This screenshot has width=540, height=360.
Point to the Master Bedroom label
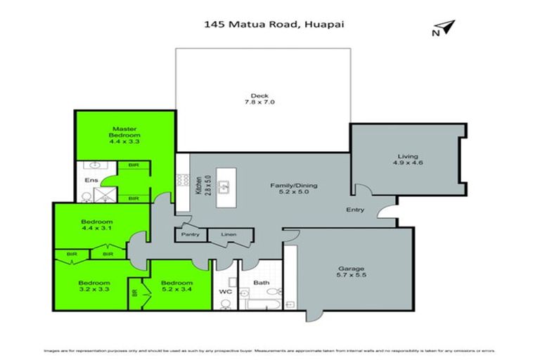pos(126,134)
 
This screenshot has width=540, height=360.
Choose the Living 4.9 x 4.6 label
pos(408,160)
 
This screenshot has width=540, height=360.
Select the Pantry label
pos(191,234)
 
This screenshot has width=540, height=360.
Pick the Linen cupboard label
pos(229,234)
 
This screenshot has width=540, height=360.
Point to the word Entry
pos(354,210)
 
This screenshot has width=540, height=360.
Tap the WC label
pos(225,290)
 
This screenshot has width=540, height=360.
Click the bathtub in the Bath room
pos(264,304)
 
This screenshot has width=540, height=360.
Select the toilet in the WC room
pos(224,303)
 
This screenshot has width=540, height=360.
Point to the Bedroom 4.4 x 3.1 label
pos(96,226)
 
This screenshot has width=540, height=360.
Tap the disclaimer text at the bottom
pos(270,349)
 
